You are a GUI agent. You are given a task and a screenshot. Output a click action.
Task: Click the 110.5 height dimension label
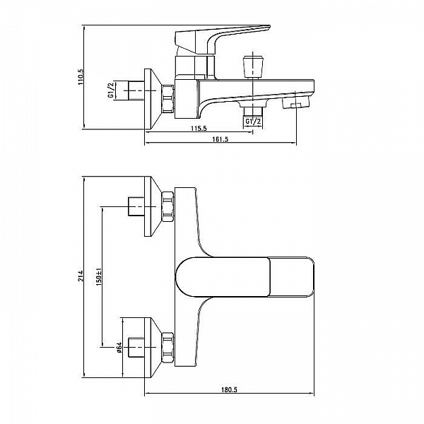click(x=80, y=76)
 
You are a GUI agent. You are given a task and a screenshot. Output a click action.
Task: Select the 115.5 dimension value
click(x=198, y=128)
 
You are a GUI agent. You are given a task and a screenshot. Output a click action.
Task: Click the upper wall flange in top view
click(x=153, y=206)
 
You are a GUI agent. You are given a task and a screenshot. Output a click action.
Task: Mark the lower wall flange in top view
click(x=153, y=345)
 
